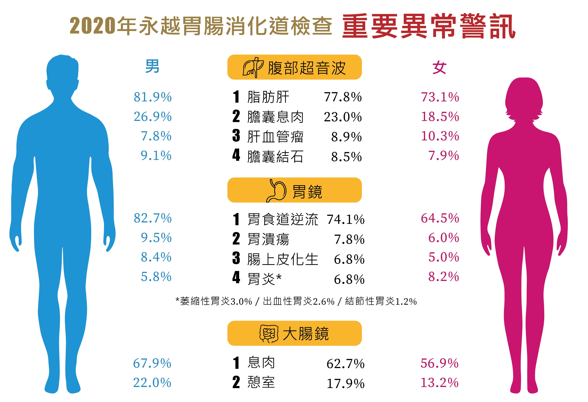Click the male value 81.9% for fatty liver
153,97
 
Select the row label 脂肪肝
268,97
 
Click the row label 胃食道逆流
283,219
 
